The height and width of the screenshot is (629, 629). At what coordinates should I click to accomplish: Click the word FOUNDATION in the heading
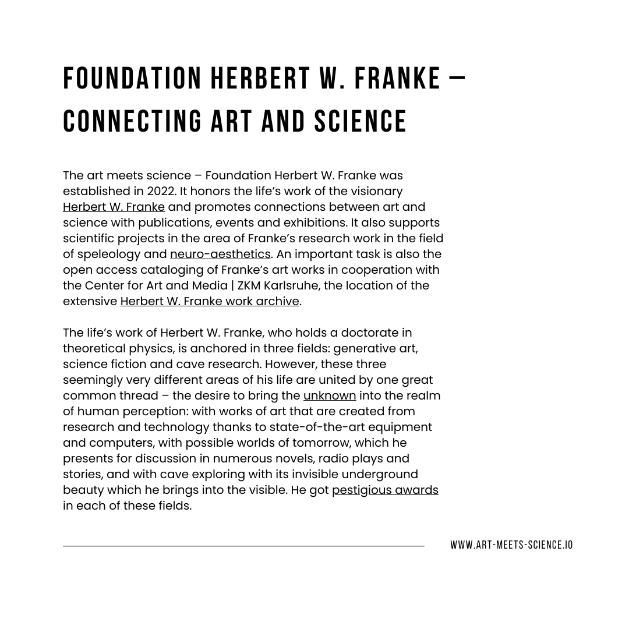132,79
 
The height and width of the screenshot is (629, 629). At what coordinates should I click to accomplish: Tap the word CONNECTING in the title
132,122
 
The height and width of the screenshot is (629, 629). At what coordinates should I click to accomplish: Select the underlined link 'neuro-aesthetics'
220,255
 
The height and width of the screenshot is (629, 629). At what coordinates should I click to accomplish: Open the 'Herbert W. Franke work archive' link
210,302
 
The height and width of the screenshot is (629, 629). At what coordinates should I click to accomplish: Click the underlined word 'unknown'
330,396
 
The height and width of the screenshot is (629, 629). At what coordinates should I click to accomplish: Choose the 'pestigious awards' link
385,490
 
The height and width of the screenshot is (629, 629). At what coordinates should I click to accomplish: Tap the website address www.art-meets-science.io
511,545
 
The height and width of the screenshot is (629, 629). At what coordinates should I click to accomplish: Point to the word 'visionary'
376,192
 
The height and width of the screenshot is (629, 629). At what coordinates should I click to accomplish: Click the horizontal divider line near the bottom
243,546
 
